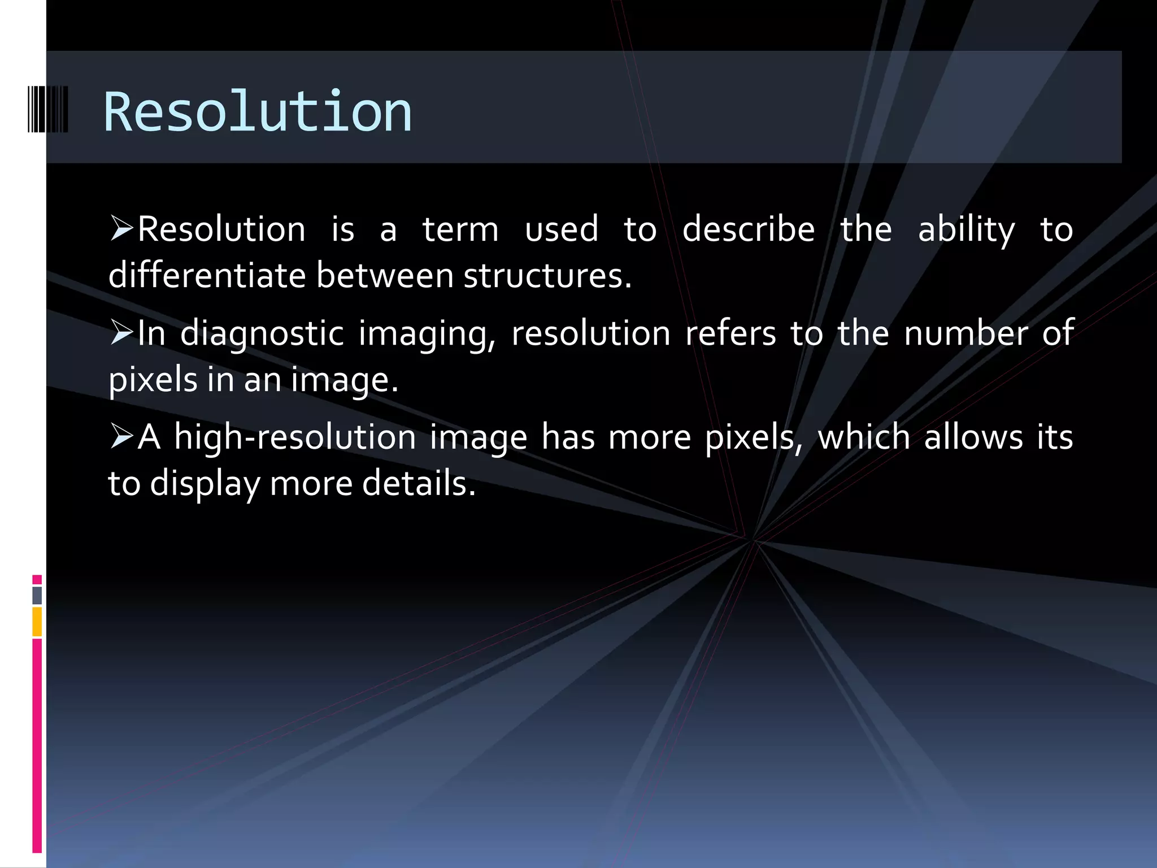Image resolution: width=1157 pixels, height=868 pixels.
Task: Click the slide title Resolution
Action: (x=258, y=112)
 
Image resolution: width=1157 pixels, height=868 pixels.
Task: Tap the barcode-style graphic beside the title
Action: (x=48, y=110)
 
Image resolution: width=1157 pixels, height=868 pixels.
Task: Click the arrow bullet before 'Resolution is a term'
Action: (x=121, y=228)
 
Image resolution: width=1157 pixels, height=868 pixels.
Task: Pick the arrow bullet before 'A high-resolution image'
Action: (x=121, y=436)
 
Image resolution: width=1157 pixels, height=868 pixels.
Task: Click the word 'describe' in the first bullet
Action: (x=749, y=229)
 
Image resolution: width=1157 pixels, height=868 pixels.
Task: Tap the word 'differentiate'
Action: (x=207, y=276)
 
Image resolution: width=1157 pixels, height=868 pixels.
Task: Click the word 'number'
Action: (x=966, y=333)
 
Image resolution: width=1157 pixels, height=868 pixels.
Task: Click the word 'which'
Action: (x=864, y=437)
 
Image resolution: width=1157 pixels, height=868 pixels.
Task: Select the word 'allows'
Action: (x=973, y=437)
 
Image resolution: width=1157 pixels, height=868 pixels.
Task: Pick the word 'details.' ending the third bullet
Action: (x=419, y=484)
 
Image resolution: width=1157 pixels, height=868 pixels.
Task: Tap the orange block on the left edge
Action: (x=37, y=622)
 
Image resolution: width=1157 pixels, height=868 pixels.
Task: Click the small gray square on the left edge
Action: (x=37, y=595)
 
